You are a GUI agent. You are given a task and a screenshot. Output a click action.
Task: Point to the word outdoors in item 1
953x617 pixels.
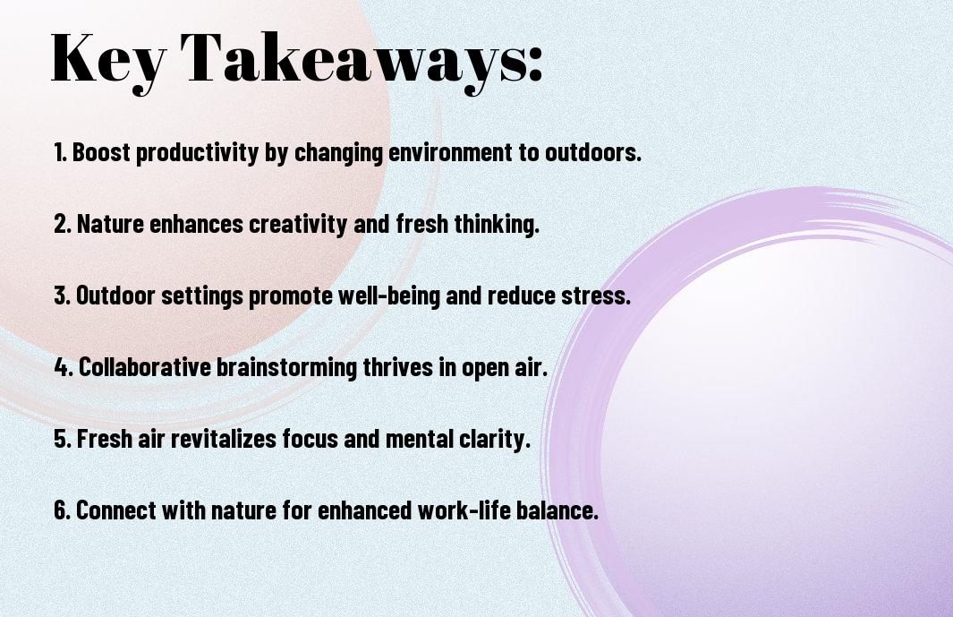click(x=592, y=152)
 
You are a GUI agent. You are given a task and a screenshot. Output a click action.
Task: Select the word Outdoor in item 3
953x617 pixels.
click(x=115, y=296)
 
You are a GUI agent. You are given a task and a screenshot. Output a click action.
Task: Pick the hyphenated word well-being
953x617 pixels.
click(x=389, y=296)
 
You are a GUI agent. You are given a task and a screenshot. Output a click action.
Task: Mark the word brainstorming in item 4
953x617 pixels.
click(x=286, y=368)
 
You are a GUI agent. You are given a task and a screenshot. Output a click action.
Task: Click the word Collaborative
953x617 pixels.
click(x=145, y=367)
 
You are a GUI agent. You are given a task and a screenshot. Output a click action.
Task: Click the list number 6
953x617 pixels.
click(x=62, y=510)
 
